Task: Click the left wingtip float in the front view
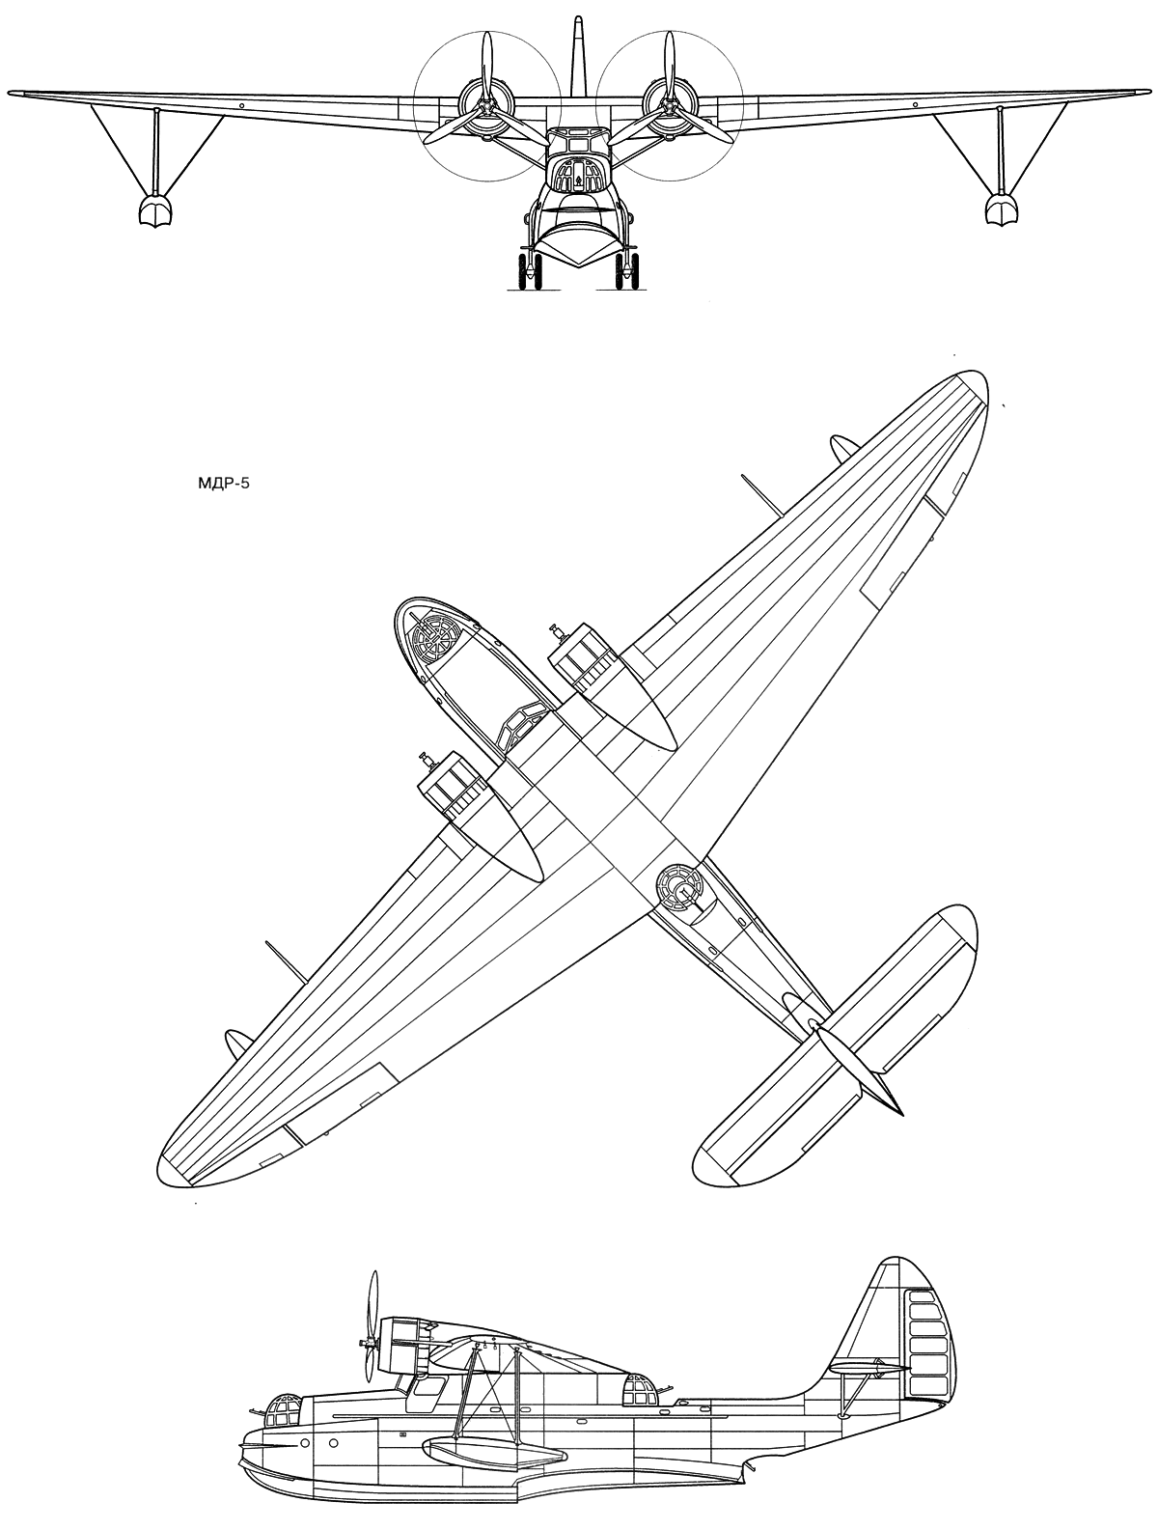(154, 209)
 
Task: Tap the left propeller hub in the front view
(486, 109)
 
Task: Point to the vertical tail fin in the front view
(578, 56)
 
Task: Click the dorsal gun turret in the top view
(678, 888)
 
